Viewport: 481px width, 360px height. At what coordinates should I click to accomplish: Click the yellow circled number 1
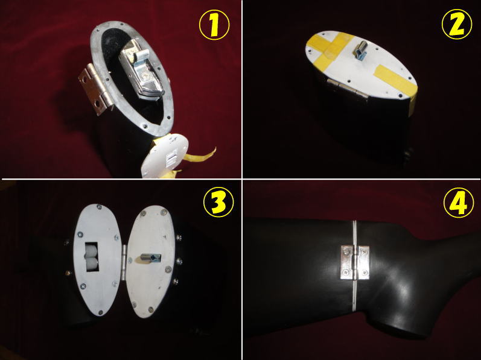click(x=214, y=25)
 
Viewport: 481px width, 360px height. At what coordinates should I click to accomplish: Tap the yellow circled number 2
click(x=457, y=24)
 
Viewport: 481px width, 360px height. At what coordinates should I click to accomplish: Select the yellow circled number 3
click(x=218, y=202)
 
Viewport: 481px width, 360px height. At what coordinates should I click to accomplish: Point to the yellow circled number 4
click(x=459, y=203)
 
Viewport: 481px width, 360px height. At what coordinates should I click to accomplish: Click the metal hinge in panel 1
click(x=95, y=89)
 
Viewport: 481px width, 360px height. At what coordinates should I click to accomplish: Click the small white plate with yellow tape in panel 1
click(x=165, y=156)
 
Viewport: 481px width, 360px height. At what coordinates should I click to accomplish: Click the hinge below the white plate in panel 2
click(x=346, y=88)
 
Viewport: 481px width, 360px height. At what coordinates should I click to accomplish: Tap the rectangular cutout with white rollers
click(x=91, y=257)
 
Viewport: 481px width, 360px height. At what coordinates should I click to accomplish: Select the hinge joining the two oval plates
click(x=124, y=262)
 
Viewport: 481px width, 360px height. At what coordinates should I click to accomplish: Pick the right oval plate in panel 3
click(x=150, y=261)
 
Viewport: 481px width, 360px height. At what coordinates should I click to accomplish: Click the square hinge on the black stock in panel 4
click(x=355, y=262)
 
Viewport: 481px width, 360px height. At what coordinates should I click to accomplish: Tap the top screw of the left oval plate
click(x=99, y=207)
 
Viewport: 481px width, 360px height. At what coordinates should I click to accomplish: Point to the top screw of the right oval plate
click(x=163, y=212)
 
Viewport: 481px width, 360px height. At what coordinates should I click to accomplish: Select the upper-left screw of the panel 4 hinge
click(x=346, y=252)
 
